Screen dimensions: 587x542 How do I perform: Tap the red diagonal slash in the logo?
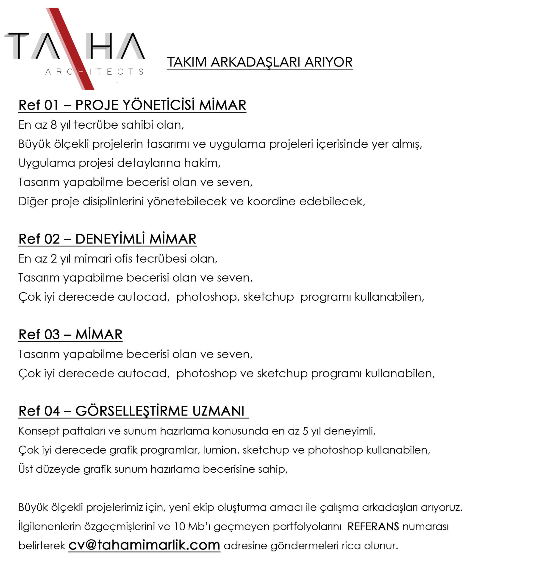[70, 48]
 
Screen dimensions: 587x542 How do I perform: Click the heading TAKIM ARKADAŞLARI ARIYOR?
[260, 62]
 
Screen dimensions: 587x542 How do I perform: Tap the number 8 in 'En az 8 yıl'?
[54, 125]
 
